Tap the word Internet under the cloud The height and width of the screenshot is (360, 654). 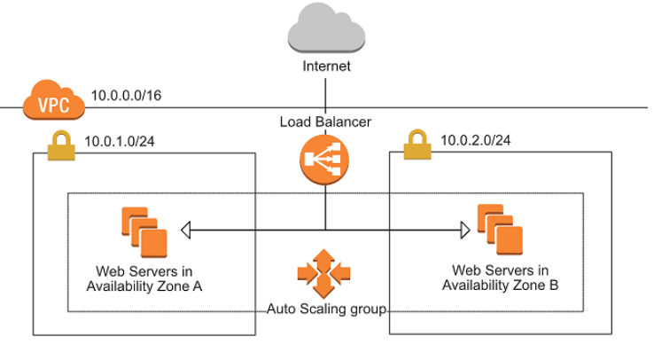tap(326, 67)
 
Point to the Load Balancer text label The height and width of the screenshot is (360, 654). tap(325, 121)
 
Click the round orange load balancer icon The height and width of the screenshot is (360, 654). tap(325, 160)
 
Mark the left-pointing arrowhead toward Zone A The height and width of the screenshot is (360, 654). tap(186, 231)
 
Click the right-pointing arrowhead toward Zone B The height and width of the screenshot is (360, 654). tap(463, 231)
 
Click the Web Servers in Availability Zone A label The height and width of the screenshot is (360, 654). tap(144, 278)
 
